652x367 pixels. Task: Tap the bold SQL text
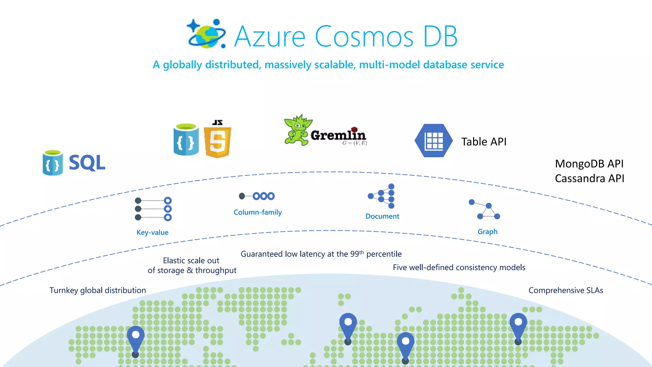click(87, 163)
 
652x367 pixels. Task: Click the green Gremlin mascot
click(297, 130)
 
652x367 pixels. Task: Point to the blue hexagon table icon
click(434, 140)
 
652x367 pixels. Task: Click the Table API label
click(484, 142)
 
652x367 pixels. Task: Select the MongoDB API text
click(589, 164)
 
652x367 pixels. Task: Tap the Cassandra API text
click(589, 178)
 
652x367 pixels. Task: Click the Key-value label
click(152, 233)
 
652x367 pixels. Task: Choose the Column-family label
click(258, 212)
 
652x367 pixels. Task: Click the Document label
click(382, 216)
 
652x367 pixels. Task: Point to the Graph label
click(487, 232)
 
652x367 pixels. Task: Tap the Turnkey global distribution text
click(98, 290)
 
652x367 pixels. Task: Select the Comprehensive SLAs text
click(566, 290)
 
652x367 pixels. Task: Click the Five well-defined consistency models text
click(459, 267)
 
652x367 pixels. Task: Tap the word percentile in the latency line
click(384, 254)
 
